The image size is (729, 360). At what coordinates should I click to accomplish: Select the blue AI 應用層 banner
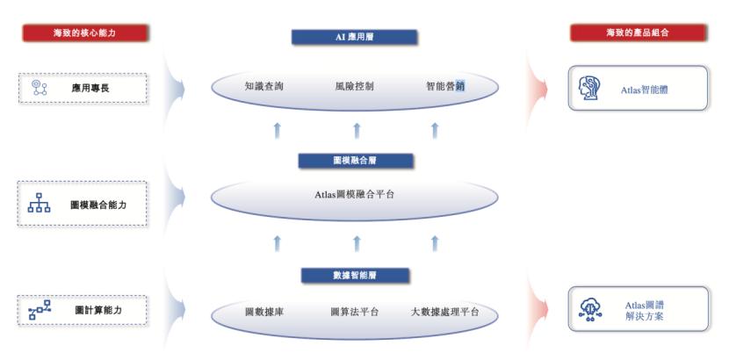coord(354,37)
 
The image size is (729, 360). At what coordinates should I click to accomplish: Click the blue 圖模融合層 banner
coord(354,161)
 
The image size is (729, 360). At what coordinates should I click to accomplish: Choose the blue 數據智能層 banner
coord(354,275)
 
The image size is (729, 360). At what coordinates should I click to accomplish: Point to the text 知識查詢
coord(264,86)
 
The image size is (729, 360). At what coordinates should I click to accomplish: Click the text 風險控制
coord(354,86)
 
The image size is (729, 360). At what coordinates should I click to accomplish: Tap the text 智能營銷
coord(445,86)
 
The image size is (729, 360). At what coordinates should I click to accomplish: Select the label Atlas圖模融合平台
coord(354,194)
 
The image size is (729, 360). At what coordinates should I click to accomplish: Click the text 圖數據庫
coord(263,312)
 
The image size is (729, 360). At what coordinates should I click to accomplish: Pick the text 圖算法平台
coord(354,312)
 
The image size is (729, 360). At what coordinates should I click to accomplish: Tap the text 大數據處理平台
coord(445,312)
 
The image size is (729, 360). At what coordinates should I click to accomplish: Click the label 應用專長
coord(90,88)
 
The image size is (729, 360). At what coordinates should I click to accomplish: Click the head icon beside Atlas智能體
coord(589,88)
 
